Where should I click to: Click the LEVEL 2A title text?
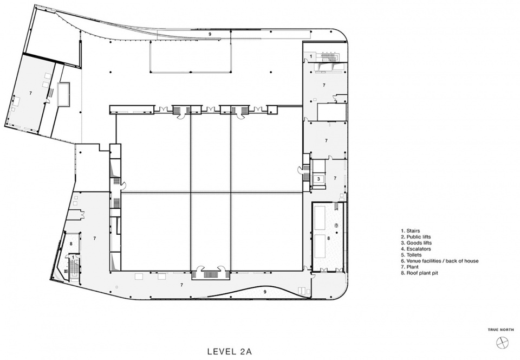(232, 351)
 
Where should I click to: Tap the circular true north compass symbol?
(502, 343)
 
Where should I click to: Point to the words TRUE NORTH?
(500, 330)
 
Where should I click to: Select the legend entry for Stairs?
(411, 230)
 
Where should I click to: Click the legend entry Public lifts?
(416, 236)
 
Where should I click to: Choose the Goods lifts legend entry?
(416, 242)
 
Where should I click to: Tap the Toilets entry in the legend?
(411, 255)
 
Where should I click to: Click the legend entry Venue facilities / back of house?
(440, 261)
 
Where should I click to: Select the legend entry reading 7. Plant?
(410, 267)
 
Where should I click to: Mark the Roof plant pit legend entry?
(419, 273)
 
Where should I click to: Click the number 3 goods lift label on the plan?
(318, 178)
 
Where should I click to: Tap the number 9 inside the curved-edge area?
(265, 292)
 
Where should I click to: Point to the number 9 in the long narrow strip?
(210, 34)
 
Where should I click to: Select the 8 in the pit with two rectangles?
(329, 238)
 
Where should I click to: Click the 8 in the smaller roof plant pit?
(71, 243)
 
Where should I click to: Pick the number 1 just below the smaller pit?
(73, 257)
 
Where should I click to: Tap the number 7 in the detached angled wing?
(30, 93)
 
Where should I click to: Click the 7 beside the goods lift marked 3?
(335, 178)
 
